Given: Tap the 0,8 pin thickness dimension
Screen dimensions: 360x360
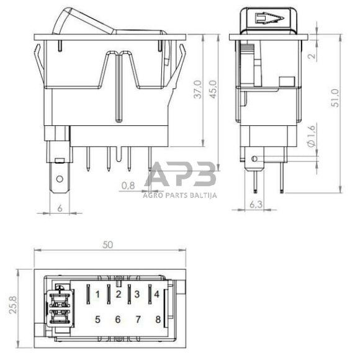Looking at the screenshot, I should pyautogui.click(x=128, y=184).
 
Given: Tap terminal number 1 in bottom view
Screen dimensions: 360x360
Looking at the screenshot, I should pyautogui.click(x=97, y=294).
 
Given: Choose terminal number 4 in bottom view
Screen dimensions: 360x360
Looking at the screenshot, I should pyautogui.click(x=157, y=294).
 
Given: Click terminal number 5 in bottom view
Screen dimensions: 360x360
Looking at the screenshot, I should pyautogui.click(x=97, y=320).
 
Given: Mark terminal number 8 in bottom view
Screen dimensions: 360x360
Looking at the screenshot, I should pyautogui.click(x=158, y=320).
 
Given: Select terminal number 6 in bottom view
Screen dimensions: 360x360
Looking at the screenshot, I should pyautogui.click(x=117, y=320).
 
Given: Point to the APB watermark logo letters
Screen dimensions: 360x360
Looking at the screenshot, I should pyautogui.click(x=180, y=176).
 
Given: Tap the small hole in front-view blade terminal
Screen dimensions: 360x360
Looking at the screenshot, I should pyautogui.click(x=59, y=181).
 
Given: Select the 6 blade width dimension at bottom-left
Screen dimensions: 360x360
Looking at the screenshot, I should pyautogui.click(x=60, y=209).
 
